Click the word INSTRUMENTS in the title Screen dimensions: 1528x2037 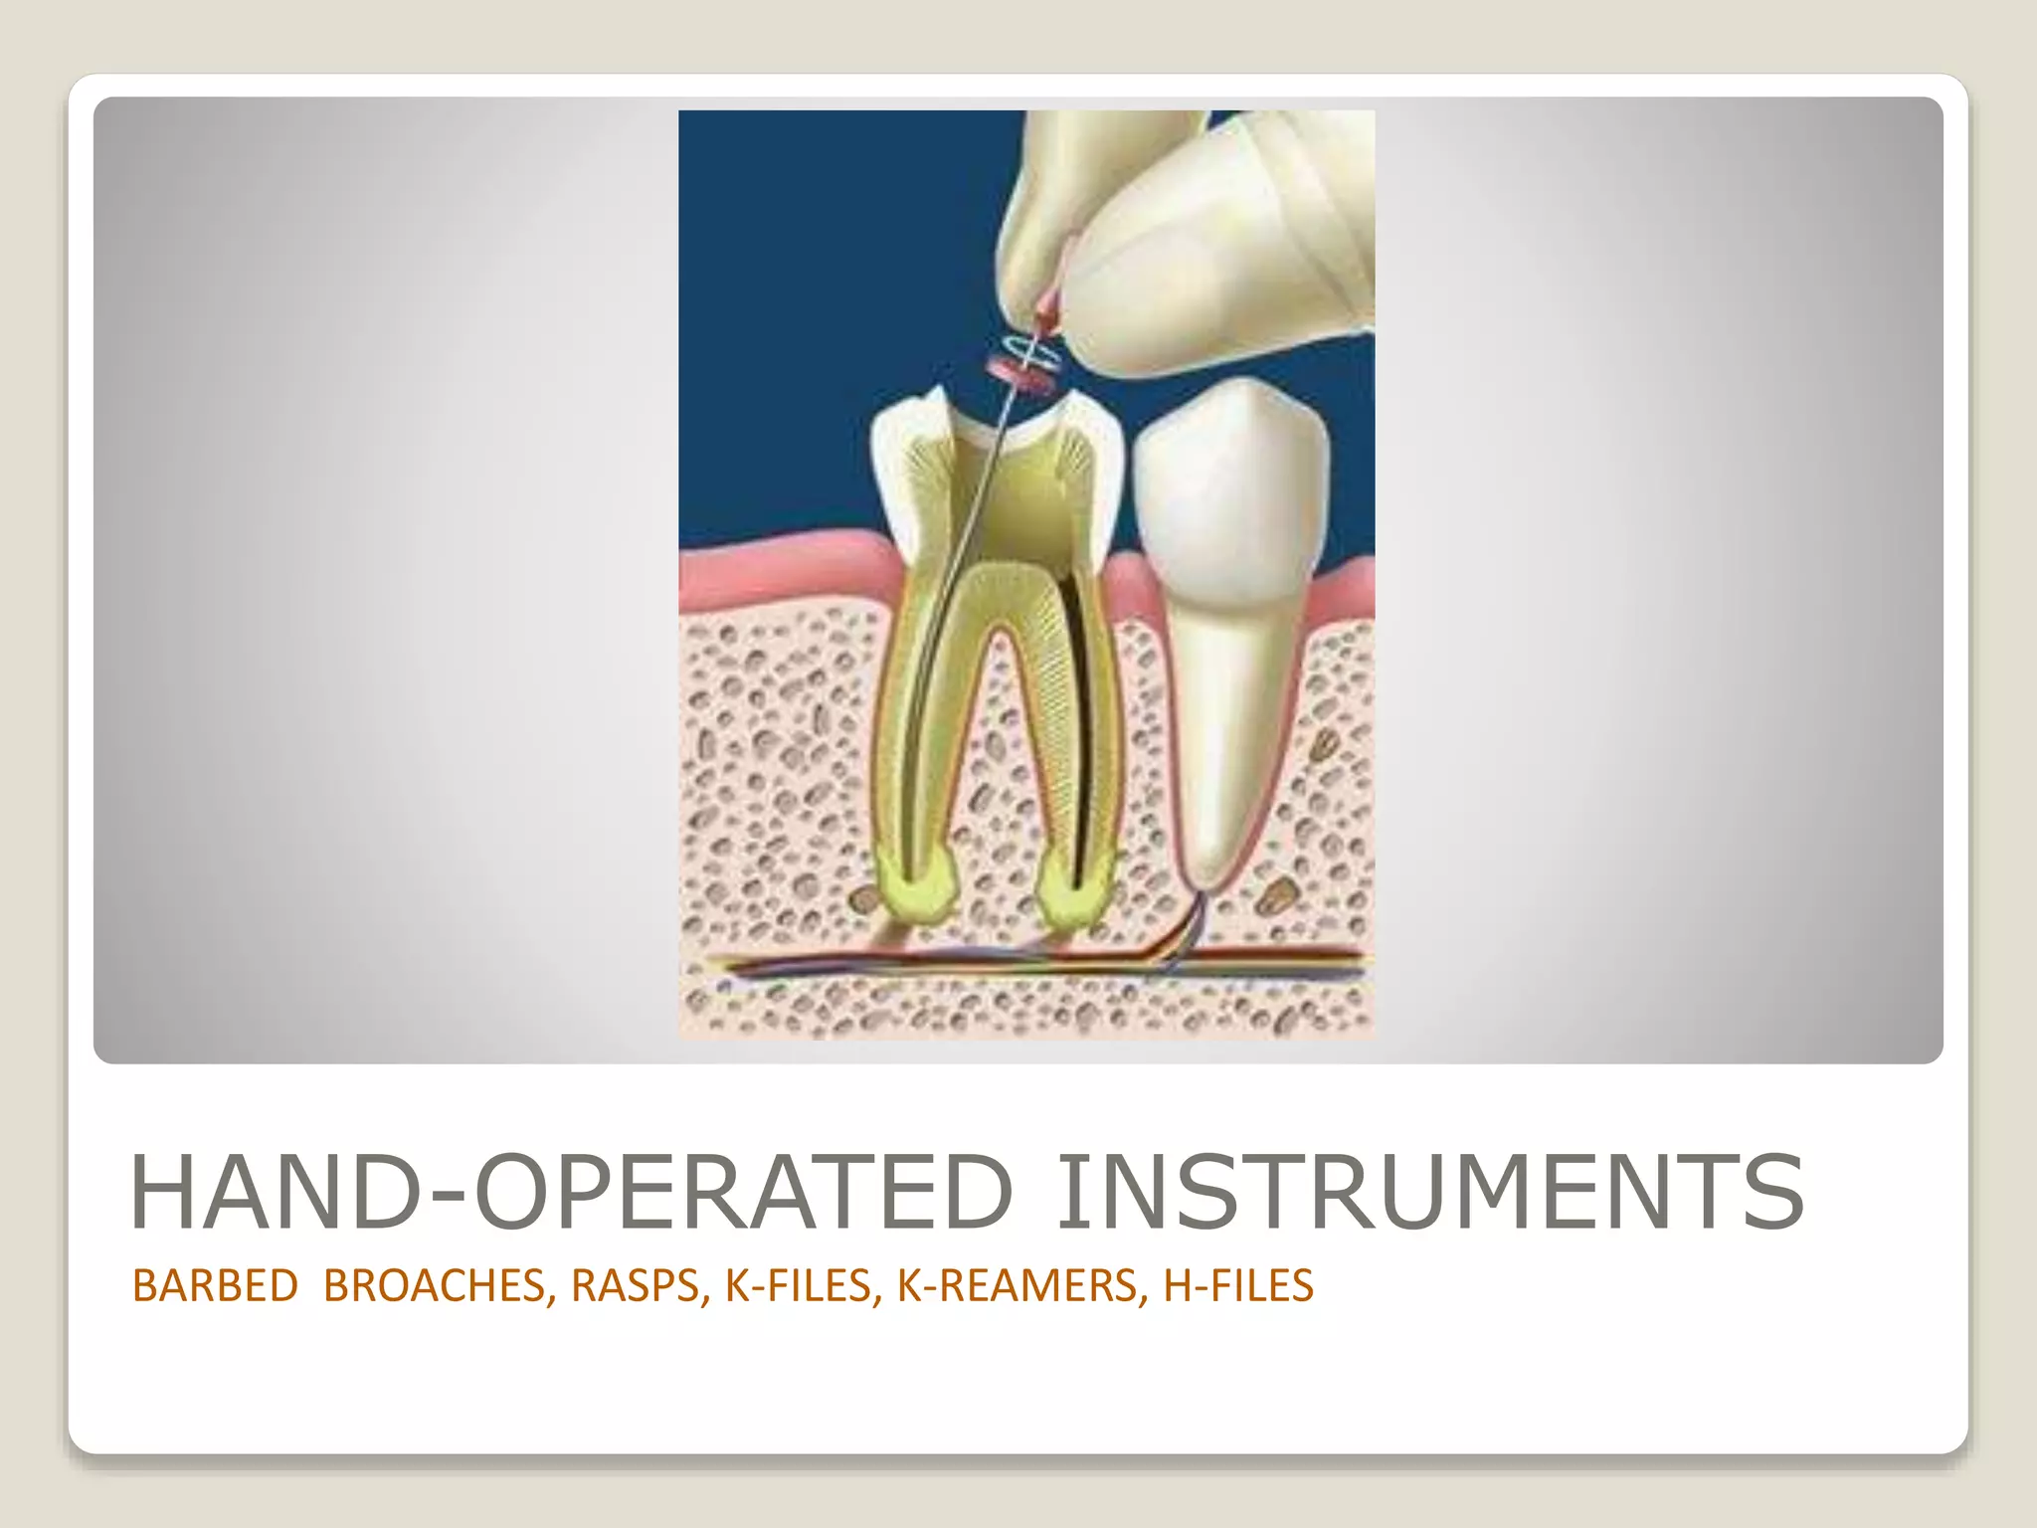point(1428,1192)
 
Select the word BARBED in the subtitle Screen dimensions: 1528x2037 point(215,1286)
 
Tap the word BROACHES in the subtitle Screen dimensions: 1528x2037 point(435,1286)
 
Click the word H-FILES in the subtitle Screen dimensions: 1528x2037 point(1238,1286)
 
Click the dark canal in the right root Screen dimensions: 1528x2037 point(1076,716)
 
